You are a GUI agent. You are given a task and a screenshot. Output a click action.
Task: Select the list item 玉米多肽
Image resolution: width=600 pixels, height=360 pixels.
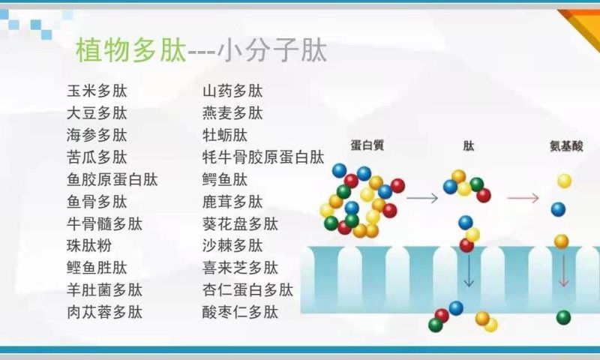tap(97, 91)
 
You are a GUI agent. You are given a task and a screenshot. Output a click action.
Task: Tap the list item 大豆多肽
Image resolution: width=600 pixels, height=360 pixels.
tap(97, 113)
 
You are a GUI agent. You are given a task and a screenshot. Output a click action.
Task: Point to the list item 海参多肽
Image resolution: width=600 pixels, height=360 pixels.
tap(97, 136)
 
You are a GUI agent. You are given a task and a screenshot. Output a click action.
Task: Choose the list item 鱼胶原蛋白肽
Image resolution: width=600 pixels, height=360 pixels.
tap(112, 180)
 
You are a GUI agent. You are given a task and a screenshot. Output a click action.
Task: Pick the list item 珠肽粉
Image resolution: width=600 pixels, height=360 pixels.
tap(89, 245)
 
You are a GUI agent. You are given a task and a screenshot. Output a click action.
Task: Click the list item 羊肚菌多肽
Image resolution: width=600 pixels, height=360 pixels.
tap(104, 289)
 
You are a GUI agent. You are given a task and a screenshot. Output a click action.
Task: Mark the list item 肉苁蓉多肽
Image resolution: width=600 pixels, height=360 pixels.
tap(104, 311)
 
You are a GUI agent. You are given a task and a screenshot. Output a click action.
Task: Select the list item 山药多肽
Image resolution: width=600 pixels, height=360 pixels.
tap(232, 91)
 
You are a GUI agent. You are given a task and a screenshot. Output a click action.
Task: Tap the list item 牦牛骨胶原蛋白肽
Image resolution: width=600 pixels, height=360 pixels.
tap(262, 157)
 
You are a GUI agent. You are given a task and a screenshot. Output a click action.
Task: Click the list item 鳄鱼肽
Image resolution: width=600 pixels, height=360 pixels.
tap(225, 180)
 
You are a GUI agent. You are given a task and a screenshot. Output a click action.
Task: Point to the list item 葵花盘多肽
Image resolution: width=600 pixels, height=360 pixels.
tap(240, 223)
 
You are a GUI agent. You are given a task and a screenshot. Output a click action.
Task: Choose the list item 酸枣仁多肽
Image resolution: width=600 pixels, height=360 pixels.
tap(240, 311)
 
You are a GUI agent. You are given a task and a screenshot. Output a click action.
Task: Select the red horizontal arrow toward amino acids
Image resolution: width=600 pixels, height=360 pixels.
tap(523, 198)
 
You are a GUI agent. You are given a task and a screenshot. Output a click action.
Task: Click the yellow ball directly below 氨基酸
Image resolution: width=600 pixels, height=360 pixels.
tap(564, 181)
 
